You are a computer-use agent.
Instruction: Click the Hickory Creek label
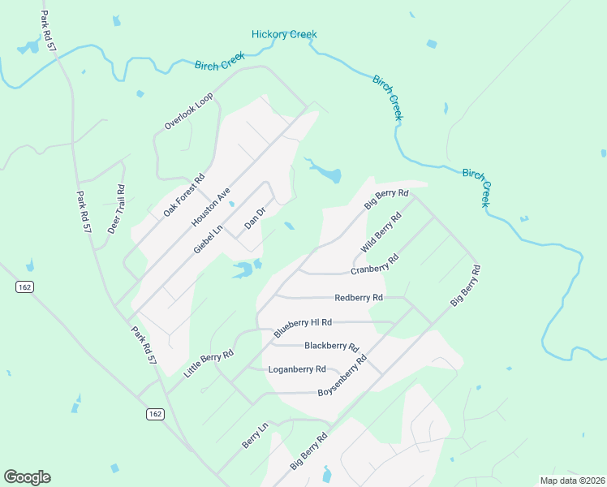pos(284,34)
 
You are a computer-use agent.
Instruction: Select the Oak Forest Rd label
pos(184,195)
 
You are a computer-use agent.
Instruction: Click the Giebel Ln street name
pos(209,234)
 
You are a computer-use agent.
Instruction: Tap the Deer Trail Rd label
pos(116,209)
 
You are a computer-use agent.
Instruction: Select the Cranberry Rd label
pos(374,265)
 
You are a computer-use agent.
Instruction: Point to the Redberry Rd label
pos(358,298)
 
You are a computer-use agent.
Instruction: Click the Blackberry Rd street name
pos(332,346)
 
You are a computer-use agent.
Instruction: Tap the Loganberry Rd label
pos(297,369)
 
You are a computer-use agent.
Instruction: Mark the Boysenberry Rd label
pos(342,375)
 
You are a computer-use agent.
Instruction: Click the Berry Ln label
pos(255,436)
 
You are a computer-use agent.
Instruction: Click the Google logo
pos(27,477)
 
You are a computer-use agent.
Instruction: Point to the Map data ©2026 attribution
pos(572,481)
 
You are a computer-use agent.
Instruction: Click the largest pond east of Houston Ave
pos(325,173)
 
